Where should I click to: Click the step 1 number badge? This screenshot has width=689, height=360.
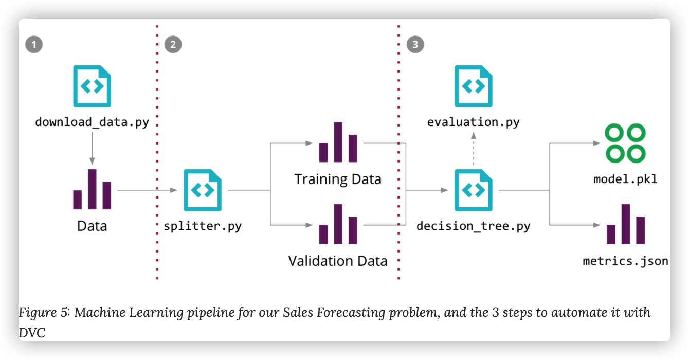tap(34, 45)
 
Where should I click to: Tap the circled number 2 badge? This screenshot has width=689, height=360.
tap(173, 45)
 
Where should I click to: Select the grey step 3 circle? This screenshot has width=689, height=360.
tap(415, 45)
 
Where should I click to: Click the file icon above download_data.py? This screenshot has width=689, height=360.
tap(92, 86)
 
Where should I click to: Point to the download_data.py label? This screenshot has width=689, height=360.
tap(92, 122)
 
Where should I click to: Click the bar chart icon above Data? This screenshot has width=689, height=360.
tap(92, 189)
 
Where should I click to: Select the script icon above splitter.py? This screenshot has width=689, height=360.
tap(203, 190)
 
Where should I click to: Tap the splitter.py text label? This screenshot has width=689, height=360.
tap(203, 226)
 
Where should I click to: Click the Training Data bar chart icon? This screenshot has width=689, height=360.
tap(338, 142)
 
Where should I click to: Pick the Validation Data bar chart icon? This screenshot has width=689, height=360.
tap(338, 224)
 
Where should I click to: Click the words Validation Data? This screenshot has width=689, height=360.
tap(338, 261)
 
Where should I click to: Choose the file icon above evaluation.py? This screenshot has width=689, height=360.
tap(474, 86)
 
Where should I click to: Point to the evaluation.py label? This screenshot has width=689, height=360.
tap(474, 122)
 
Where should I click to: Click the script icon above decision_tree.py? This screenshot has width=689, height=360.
tap(474, 190)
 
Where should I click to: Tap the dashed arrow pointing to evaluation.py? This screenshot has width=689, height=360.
tap(474, 149)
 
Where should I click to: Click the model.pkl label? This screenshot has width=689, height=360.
tap(625, 179)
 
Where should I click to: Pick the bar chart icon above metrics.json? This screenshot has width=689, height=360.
tap(626, 224)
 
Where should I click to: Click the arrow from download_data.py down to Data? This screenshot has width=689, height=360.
tap(92, 148)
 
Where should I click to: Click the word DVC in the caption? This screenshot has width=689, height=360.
tap(32, 333)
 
